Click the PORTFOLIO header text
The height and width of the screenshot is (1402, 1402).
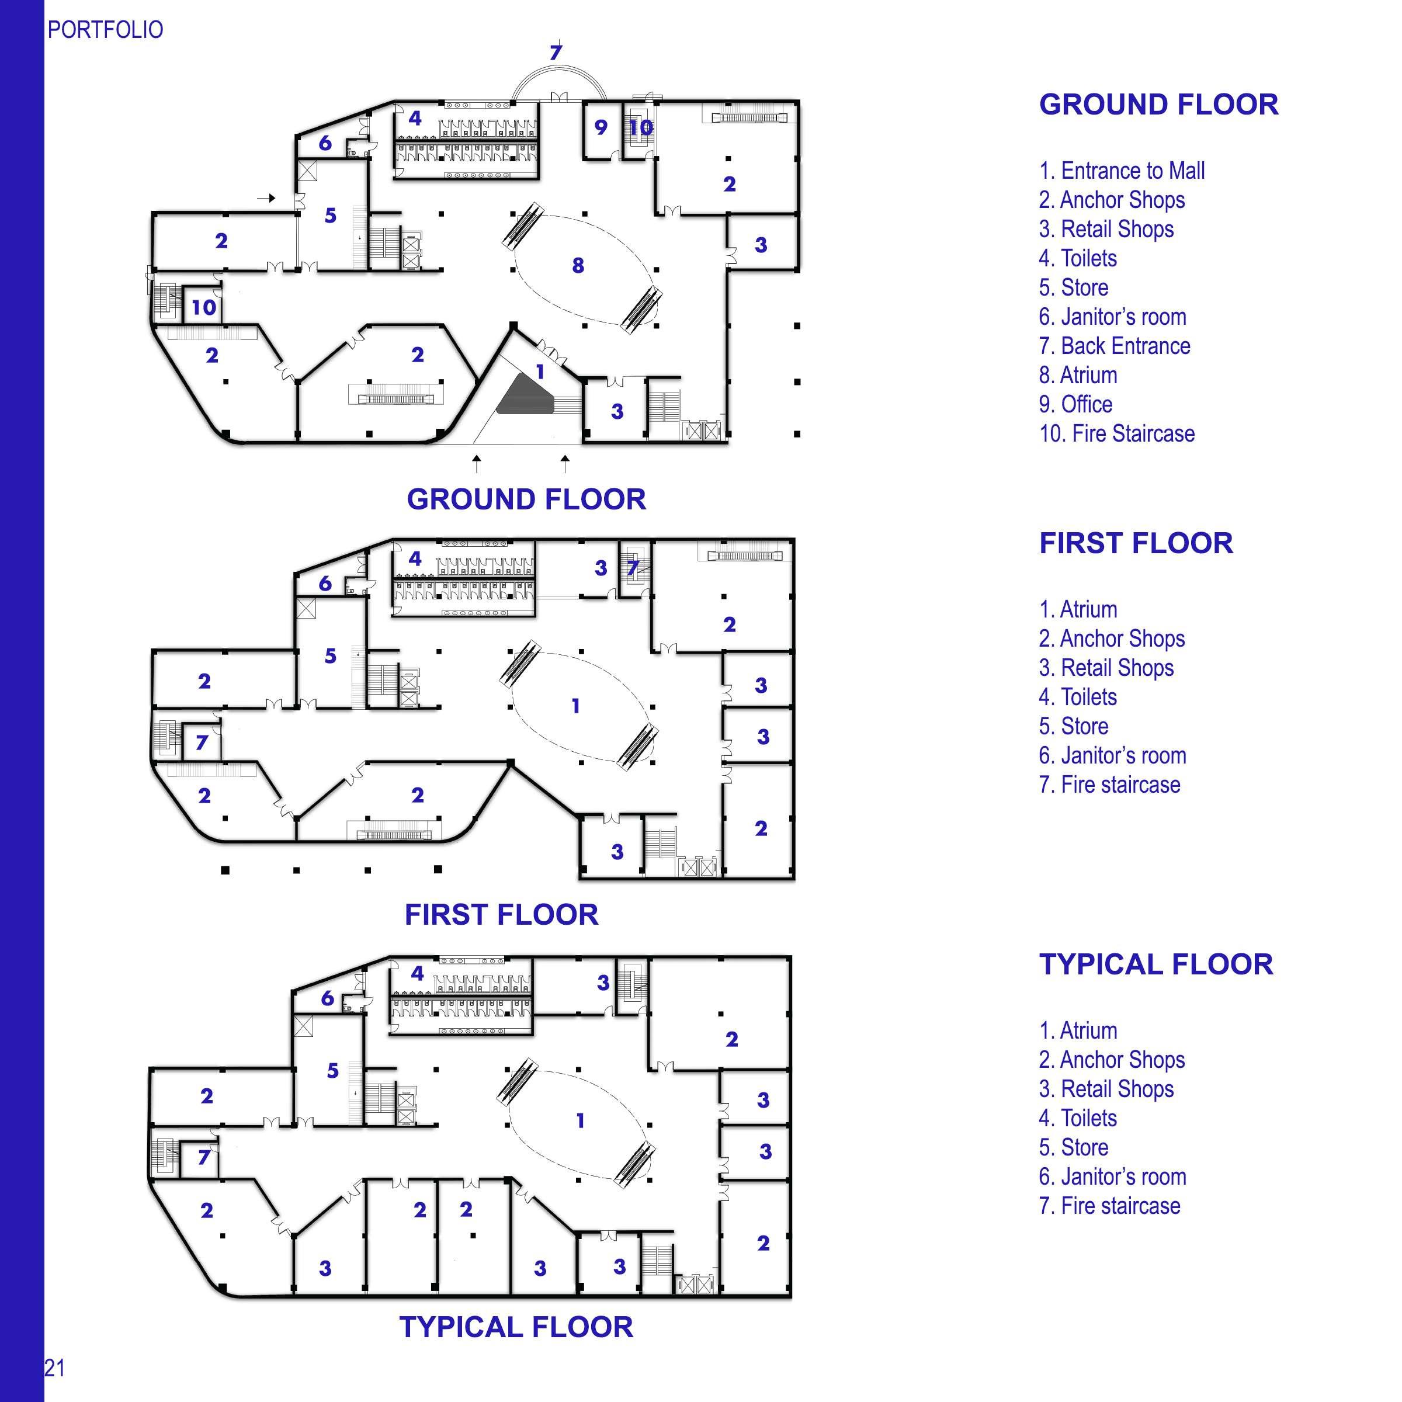[x=105, y=30]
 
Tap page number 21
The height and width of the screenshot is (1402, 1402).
[x=55, y=1368]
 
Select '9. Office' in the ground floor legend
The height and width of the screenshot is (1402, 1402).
[x=1075, y=404]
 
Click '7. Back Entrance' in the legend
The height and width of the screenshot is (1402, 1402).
[x=1114, y=346]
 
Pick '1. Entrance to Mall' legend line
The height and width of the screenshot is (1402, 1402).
[x=1121, y=171]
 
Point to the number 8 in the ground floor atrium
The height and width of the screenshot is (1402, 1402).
[x=578, y=266]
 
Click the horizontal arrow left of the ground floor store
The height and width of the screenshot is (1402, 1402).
[x=267, y=197]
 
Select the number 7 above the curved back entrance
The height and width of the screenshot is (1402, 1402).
[x=556, y=52]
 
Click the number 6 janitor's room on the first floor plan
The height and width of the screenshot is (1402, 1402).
[x=325, y=584]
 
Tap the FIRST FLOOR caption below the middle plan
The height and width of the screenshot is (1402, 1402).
[x=501, y=914]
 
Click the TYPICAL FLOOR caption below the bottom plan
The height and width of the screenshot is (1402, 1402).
[x=516, y=1327]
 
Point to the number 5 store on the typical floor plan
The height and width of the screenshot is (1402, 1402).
[x=332, y=1070]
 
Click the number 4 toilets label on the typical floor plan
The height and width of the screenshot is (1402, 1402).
[x=417, y=973]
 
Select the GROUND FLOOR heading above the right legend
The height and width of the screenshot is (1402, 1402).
[x=1158, y=105]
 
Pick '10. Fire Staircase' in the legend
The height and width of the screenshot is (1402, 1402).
[x=1116, y=434]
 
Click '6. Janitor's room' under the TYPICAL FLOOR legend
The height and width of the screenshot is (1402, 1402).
[x=1112, y=1177]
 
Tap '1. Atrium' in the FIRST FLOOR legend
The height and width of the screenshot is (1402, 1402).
[x=1078, y=609]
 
